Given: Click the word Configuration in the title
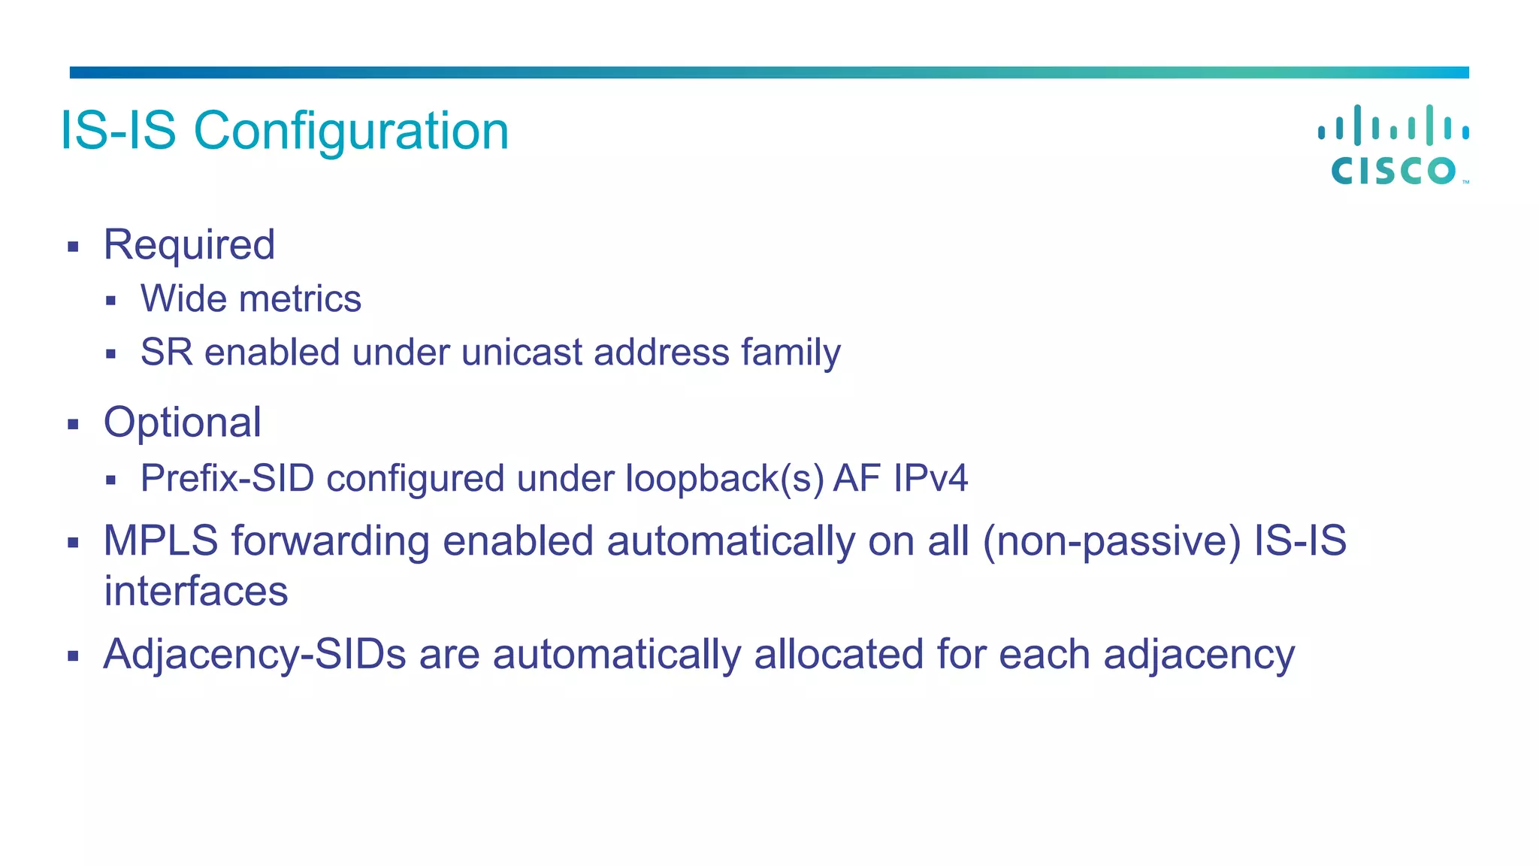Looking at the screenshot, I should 351,132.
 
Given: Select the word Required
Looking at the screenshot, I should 189,245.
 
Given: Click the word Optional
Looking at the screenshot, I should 183,422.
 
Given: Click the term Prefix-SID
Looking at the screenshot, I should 227,479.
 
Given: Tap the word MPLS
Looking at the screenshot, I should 161,541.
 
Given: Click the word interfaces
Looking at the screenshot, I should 195,592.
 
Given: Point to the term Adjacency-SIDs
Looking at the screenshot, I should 255,654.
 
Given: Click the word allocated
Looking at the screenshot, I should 839,654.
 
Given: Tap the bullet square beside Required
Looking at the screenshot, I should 73,247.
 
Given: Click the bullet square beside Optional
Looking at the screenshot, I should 73,425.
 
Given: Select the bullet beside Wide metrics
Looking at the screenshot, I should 111,301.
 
